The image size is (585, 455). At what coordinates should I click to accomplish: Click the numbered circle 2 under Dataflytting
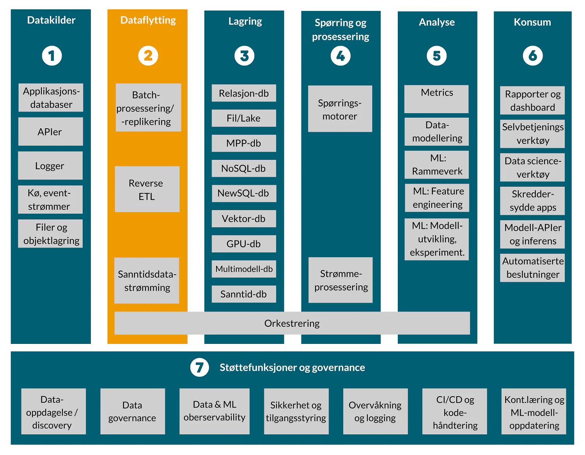(148, 56)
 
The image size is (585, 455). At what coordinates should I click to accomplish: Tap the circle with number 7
(199, 367)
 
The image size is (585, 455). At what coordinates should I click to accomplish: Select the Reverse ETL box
(147, 189)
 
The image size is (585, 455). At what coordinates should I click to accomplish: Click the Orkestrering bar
(292, 323)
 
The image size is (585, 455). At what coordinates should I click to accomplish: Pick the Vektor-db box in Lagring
(244, 219)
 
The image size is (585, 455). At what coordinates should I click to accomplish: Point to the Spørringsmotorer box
(340, 109)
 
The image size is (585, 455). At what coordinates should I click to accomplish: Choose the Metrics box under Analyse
(436, 99)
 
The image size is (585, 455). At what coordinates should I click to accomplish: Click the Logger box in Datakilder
(50, 166)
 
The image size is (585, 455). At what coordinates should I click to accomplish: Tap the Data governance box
(132, 411)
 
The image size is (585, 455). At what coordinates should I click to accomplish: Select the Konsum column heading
(532, 22)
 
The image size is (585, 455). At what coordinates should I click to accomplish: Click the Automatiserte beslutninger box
(532, 268)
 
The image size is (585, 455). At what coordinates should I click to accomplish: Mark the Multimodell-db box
(244, 269)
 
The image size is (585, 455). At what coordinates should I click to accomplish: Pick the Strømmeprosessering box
(340, 280)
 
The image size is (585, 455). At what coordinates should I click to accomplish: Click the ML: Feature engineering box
(437, 198)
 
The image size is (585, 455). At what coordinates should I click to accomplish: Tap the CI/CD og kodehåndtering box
(455, 411)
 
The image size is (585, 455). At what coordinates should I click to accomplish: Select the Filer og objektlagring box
(51, 234)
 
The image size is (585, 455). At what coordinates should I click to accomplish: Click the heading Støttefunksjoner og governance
(292, 367)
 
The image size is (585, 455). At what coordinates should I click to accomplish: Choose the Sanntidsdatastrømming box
(147, 281)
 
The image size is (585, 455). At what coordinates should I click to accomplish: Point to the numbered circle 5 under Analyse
(436, 56)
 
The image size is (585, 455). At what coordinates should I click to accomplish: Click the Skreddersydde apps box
(532, 201)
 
